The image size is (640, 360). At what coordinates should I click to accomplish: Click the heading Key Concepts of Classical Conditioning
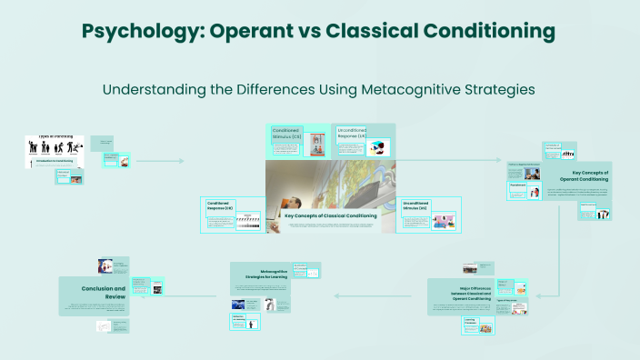point(331,215)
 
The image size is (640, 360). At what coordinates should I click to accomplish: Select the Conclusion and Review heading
point(95,291)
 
